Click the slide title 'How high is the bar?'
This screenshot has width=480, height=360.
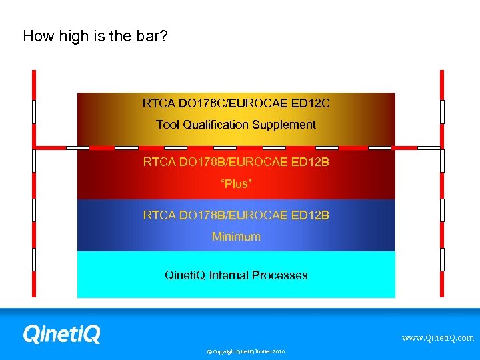[95, 36]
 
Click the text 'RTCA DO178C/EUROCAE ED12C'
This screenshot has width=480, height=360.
[236, 104]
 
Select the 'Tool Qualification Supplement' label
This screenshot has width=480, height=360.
[236, 125]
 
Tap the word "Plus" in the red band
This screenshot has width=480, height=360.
[236, 183]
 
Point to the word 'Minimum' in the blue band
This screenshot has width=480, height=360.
[236, 237]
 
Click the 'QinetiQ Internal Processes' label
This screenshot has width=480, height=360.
[236, 275]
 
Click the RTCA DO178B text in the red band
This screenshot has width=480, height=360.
[236, 162]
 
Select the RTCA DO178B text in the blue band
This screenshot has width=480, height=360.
[236, 215]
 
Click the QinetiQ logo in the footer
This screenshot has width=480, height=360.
[61, 334]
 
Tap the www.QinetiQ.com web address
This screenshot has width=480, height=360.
[437, 338]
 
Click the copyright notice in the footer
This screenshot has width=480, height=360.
[245, 351]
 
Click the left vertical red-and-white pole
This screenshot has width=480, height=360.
[33, 183]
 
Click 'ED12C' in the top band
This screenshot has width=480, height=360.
[311, 104]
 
